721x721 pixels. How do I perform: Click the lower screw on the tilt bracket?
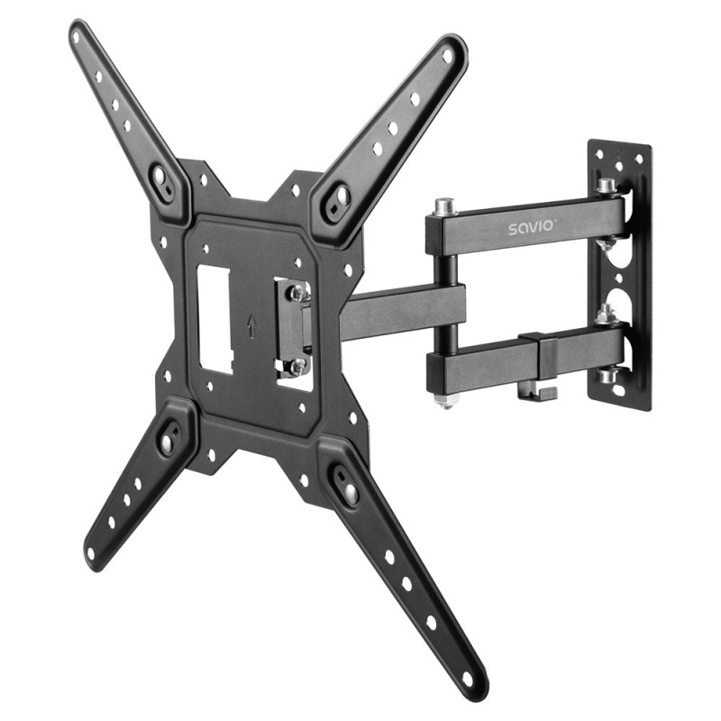[x=296, y=366]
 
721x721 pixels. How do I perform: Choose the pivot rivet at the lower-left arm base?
[x=168, y=442]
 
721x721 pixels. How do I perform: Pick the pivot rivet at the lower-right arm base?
[x=346, y=488]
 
